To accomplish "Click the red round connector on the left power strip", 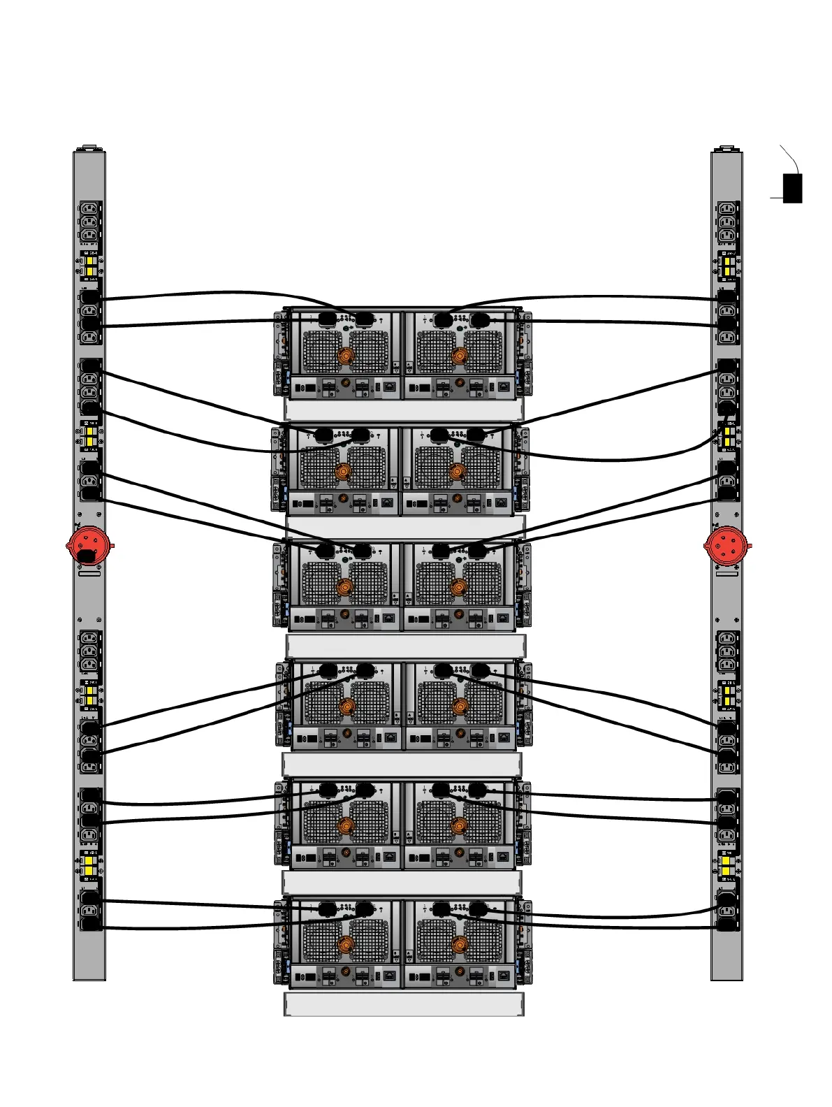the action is tap(89, 546).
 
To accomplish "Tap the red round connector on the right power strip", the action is tap(727, 546).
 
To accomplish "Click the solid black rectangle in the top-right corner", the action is tap(792, 188).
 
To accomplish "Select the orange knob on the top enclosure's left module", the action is tap(346, 356).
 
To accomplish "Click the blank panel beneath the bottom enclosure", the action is tap(404, 1004).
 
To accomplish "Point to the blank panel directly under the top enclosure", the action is tap(404, 410).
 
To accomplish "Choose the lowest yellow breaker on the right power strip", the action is tap(727, 866).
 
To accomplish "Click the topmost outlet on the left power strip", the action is tap(90, 208).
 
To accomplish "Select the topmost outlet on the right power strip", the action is tap(727, 208).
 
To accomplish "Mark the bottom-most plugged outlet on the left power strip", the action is tap(91, 925).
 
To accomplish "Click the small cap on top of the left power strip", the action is tap(89, 148).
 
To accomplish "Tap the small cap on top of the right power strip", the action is tap(727, 148).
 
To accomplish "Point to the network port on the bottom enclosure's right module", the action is tap(503, 976).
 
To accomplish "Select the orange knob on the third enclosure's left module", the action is tap(344, 587).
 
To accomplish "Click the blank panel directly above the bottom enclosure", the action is tap(402, 883).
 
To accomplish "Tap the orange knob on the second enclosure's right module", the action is tap(457, 472).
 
